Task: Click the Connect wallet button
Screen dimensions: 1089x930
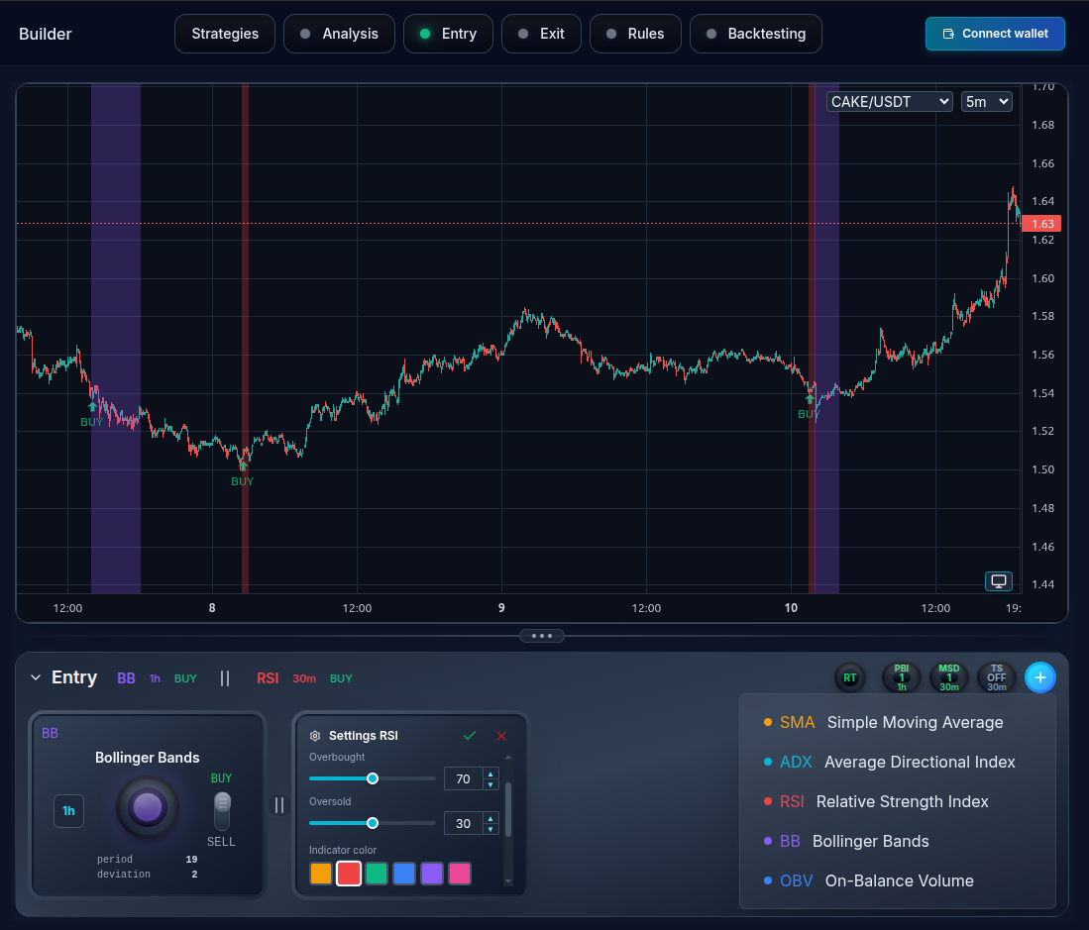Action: click(x=995, y=34)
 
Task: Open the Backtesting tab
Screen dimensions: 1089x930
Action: click(x=756, y=34)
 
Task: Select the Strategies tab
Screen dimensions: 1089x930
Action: click(x=225, y=34)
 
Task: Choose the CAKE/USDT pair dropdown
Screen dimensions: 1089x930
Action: click(x=889, y=101)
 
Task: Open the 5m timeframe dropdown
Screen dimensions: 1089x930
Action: click(x=986, y=101)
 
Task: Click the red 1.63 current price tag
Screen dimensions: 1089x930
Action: click(x=1041, y=224)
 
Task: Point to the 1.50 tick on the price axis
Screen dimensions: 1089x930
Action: click(x=1042, y=469)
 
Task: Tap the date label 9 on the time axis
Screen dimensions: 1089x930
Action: click(x=501, y=608)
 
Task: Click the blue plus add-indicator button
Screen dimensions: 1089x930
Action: click(x=1039, y=677)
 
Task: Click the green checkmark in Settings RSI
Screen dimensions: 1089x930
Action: click(x=470, y=736)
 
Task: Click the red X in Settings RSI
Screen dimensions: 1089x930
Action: click(x=501, y=736)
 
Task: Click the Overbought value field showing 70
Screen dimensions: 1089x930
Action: click(x=463, y=778)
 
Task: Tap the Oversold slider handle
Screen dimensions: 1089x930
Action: click(x=373, y=823)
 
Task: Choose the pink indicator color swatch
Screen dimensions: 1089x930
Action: click(x=460, y=874)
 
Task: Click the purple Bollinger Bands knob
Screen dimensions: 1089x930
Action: click(x=148, y=807)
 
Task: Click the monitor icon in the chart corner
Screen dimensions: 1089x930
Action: click(x=999, y=581)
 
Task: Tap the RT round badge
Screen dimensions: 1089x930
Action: click(x=850, y=678)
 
